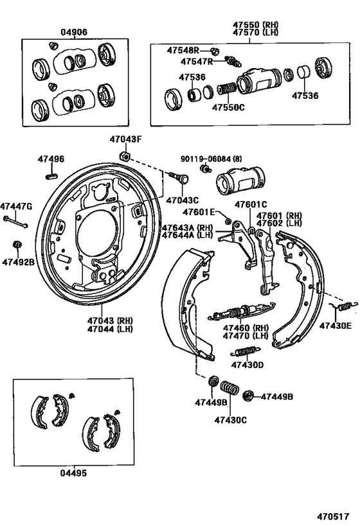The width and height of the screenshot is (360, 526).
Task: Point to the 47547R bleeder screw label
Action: coord(196,62)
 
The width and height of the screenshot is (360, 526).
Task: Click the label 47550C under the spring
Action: coord(228,107)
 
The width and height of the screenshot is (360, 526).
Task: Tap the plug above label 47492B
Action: coord(18,245)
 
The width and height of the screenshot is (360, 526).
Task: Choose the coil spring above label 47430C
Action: coord(229,389)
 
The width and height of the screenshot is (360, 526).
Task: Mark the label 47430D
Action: coord(248,365)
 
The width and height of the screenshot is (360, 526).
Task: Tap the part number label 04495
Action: coord(73,473)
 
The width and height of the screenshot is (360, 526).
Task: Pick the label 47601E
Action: coord(201,213)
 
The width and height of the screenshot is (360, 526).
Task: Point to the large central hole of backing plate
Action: coord(100,234)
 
